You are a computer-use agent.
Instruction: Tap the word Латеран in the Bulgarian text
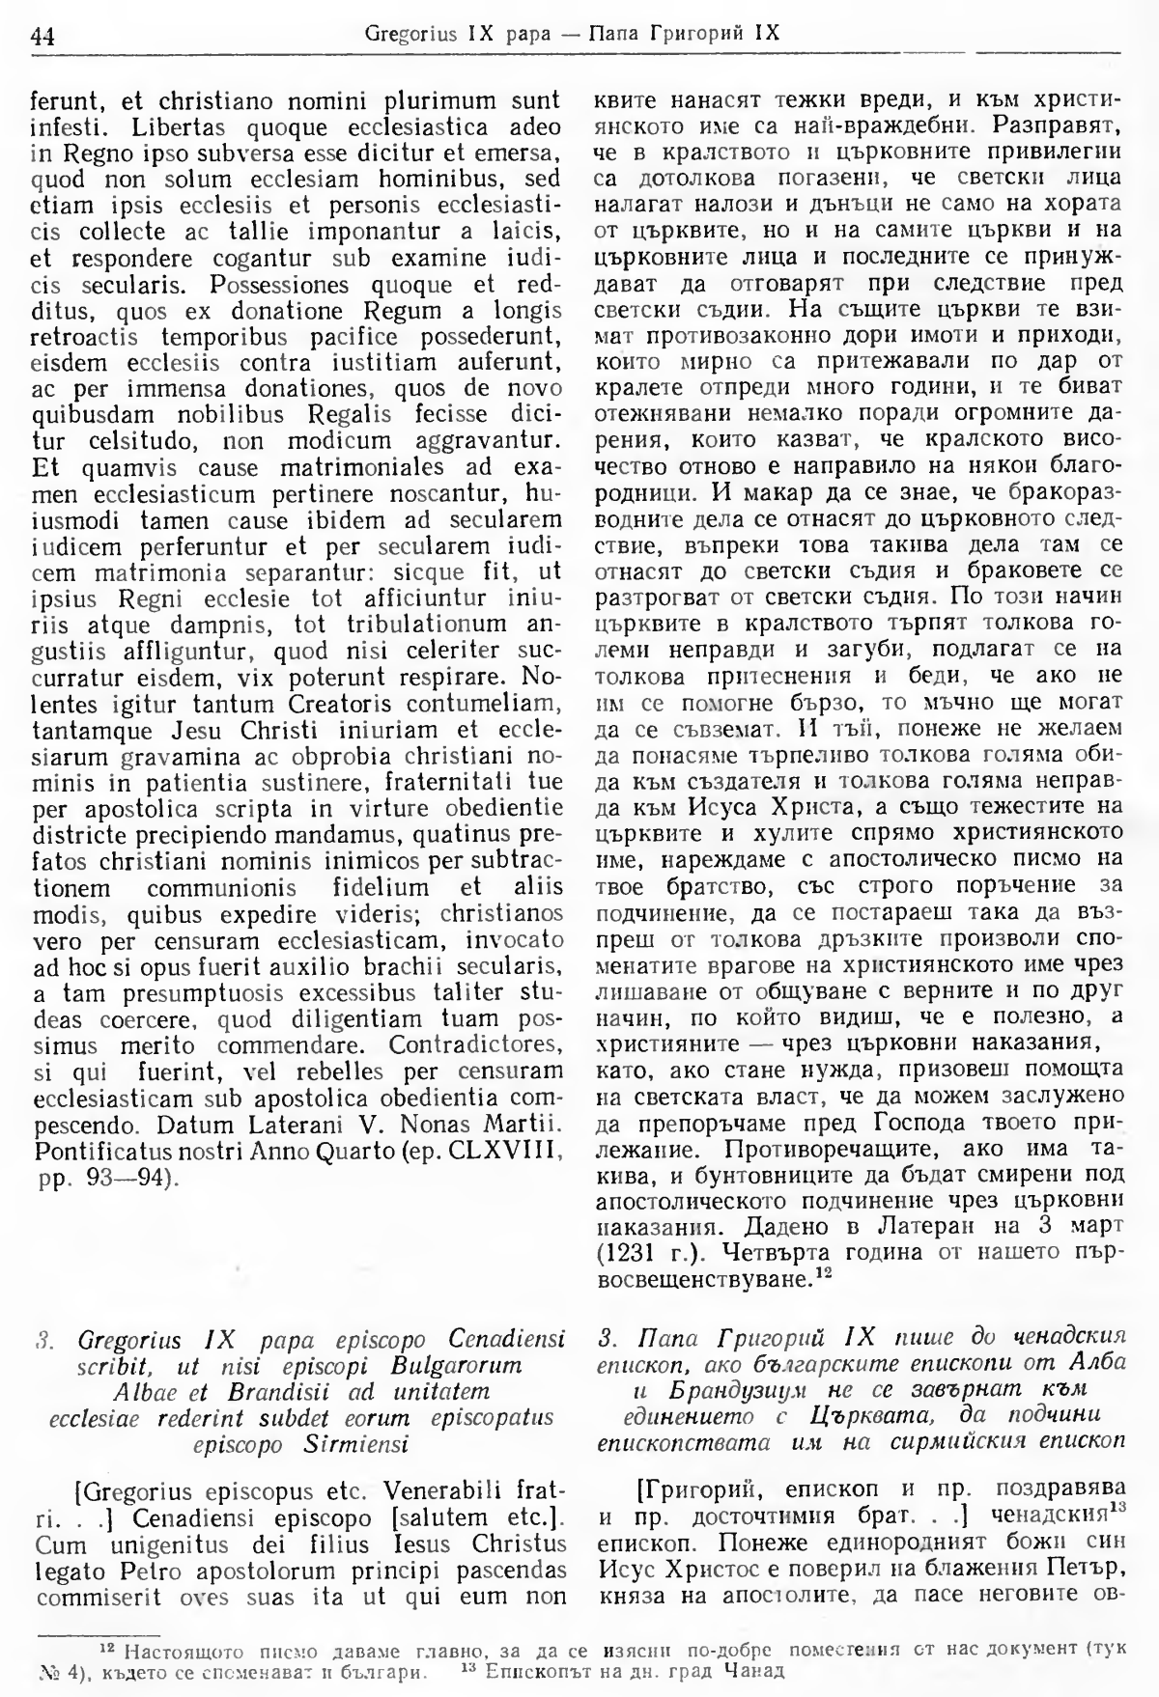click(891, 1226)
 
